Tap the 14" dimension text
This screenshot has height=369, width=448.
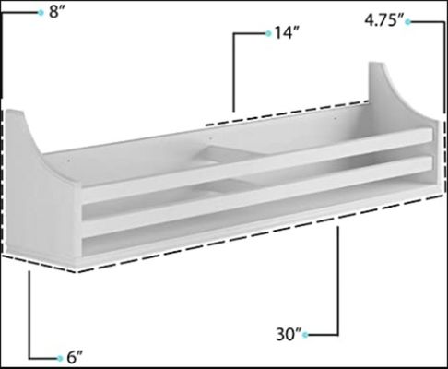coord(287,33)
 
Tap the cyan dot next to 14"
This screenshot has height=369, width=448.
coord(268,33)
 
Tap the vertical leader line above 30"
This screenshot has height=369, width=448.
coord(340,277)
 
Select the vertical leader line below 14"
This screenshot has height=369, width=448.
coord(234,74)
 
